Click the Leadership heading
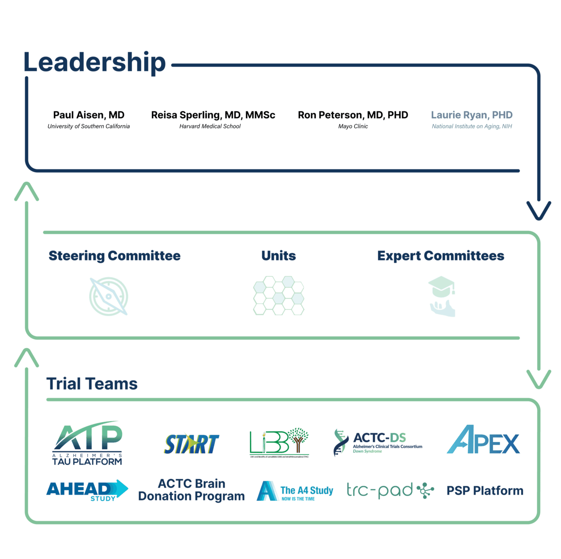coord(95,62)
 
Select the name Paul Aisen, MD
coord(89,115)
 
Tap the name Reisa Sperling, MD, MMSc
coord(213,115)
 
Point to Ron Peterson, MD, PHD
coord(353,115)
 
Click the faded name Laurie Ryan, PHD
coord(472,115)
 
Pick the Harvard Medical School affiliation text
coord(210,126)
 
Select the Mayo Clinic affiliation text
coord(353,126)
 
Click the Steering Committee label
coord(115,256)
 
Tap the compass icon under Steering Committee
coord(109,296)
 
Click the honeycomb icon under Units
coord(279,295)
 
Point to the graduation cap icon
coord(442,296)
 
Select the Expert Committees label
coord(441,256)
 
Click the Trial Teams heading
coord(92,384)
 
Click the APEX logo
coord(483,440)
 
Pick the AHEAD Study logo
coord(87,490)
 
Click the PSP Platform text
coord(485,491)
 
